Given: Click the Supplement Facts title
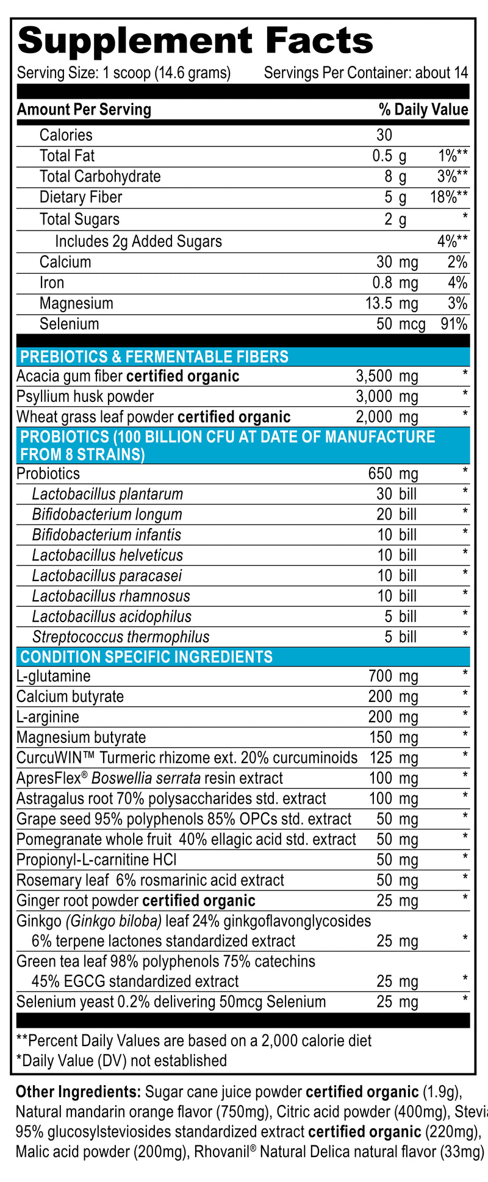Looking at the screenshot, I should point(195,41).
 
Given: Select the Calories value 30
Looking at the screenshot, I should point(384,135).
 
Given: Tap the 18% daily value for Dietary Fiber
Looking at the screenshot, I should point(448,197).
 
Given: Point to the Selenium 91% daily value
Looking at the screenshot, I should point(454,324).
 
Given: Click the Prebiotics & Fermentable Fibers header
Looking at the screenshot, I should point(154,357).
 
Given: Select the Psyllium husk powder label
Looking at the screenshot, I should point(85,396).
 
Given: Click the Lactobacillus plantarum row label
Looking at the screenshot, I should point(107,494).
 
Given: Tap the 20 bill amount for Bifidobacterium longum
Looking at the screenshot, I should point(396,514).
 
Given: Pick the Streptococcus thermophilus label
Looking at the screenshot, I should point(121,637).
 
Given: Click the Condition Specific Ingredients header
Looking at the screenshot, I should point(146,657).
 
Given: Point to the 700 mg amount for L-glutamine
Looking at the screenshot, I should point(393,676).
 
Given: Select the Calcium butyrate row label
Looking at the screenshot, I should point(70,697).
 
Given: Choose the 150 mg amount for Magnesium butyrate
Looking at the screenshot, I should point(393,737).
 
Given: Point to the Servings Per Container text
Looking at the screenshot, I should point(366,73).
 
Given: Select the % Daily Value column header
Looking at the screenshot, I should point(423,110).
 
